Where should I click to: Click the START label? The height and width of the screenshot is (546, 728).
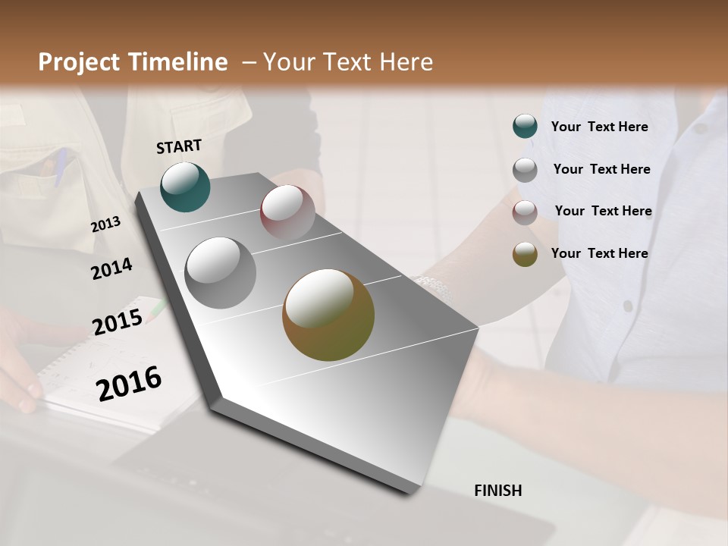coord(179,146)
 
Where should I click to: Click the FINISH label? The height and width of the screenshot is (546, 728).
coord(497,491)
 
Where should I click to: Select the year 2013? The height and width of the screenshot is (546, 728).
coord(106,224)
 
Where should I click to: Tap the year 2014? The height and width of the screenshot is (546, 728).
coord(112,268)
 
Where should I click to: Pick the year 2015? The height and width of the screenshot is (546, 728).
coord(118,322)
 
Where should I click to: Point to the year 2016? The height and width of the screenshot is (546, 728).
coord(129,384)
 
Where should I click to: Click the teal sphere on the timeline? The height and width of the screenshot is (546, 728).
coord(185,187)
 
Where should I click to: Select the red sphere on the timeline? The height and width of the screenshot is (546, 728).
coord(287,212)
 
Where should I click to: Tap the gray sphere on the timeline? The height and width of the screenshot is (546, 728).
coord(221,273)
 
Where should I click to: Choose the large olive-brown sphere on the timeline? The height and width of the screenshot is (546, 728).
coord(328,315)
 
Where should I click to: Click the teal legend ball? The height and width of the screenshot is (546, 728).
coord(525,127)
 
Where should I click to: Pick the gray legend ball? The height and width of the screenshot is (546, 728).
coord(525,170)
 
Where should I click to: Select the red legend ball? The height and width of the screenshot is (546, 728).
coord(525,212)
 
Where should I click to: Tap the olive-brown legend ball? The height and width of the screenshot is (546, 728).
coord(525,254)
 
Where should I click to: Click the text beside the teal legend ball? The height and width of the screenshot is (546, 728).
coord(599,127)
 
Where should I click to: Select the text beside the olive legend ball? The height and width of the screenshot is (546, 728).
coord(599,253)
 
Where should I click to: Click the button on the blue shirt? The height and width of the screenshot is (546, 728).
coord(628,306)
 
